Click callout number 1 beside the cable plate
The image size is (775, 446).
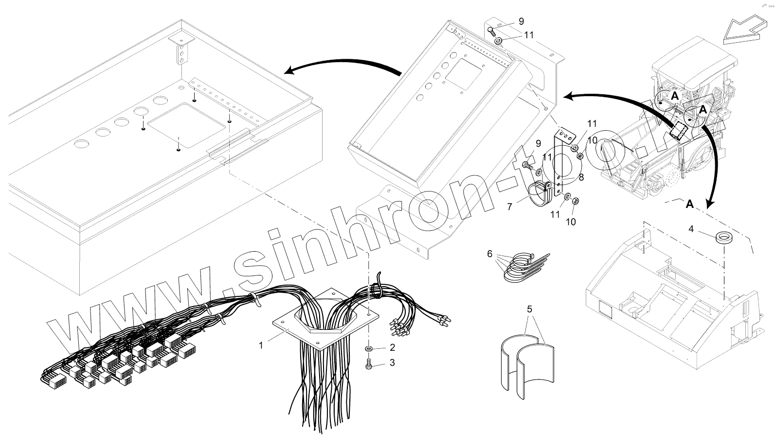click(x=261, y=345)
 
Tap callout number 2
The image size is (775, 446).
click(x=392, y=348)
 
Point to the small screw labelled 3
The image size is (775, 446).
click(x=369, y=363)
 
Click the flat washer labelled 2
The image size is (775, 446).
click(x=369, y=349)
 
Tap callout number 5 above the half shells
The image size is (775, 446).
click(x=530, y=309)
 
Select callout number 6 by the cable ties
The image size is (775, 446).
click(x=489, y=253)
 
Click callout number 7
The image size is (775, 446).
click(x=509, y=206)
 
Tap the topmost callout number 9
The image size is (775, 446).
click(x=521, y=21)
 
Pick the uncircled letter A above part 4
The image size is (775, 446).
click(x=689, y=205)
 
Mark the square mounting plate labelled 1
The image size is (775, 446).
click(x=322, y=321)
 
